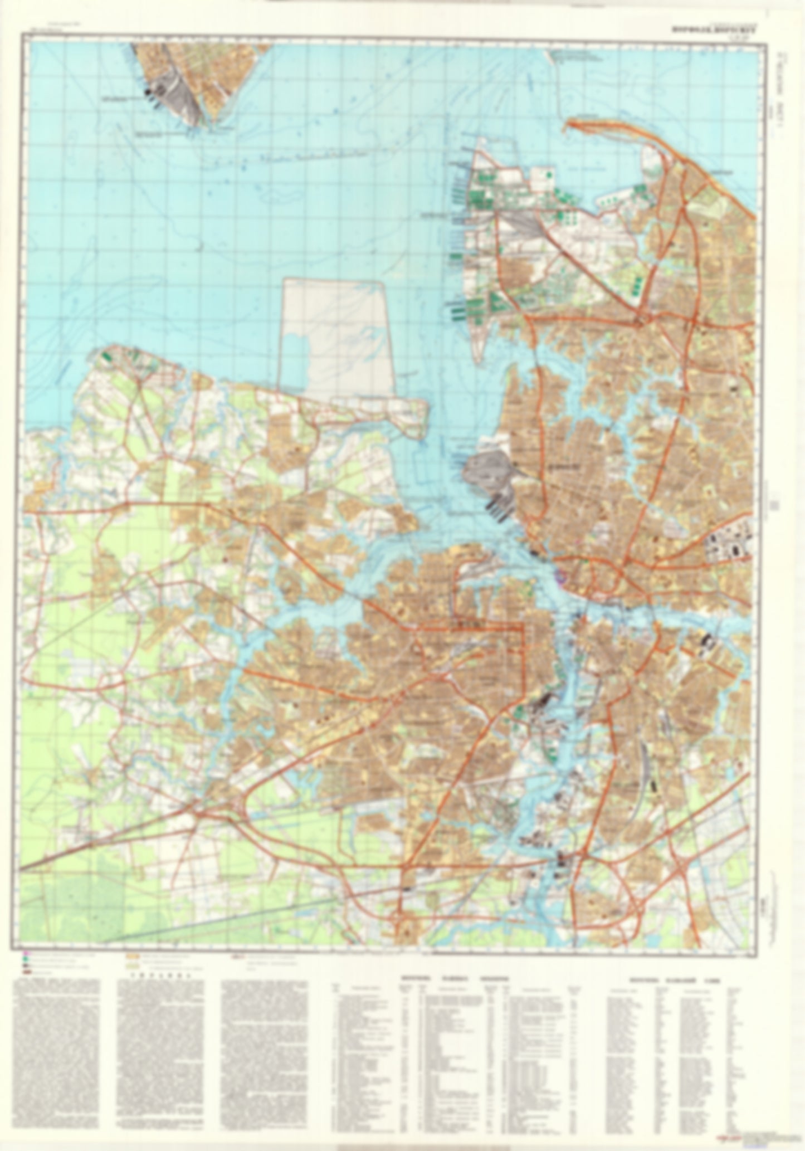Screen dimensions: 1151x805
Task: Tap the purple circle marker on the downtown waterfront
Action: [560, 578]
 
